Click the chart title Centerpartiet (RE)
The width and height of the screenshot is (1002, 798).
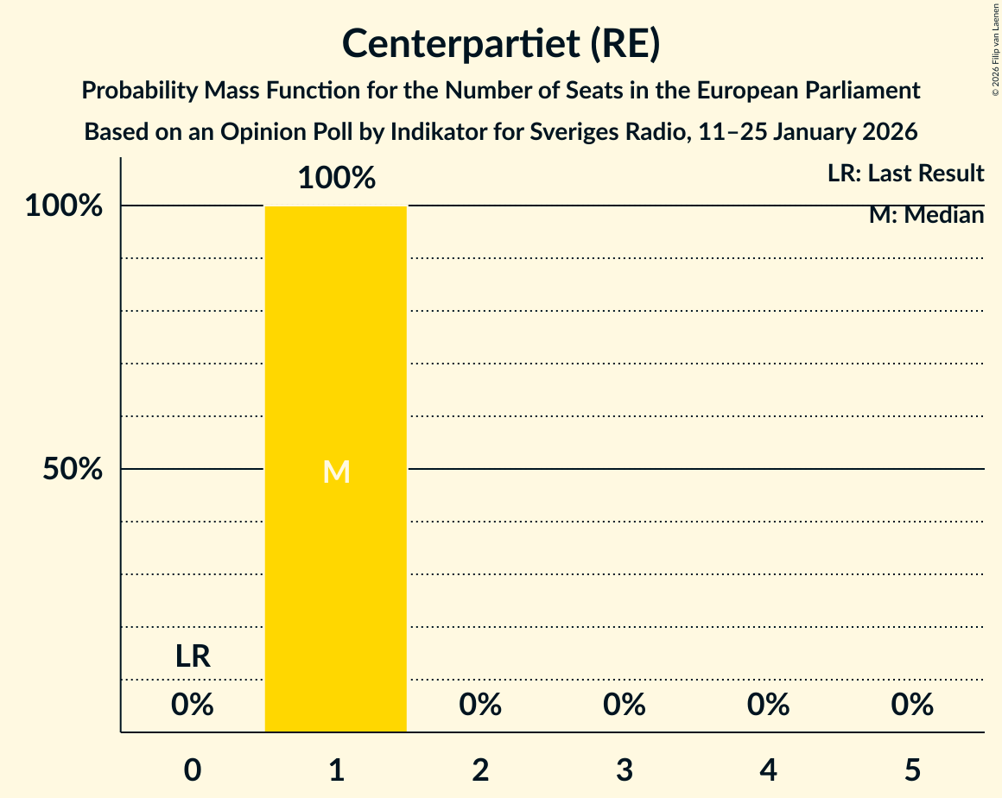click(501, 44)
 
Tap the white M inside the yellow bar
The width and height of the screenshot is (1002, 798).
click(336, 472)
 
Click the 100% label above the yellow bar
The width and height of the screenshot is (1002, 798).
click(336, 179)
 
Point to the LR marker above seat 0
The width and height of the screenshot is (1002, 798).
click(193, 656)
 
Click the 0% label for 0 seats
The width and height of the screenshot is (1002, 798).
click(193, 705)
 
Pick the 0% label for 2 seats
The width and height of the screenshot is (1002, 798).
click(480, 705)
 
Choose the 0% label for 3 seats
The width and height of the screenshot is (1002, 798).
click(625, 705)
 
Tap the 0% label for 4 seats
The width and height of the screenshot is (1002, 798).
click(768, 705)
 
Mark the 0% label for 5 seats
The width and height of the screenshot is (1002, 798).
click(912, 705)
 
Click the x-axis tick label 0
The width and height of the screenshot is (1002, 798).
click(193, 769)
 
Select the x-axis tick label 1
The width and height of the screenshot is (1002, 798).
click(336, 769)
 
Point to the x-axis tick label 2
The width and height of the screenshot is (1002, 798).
click(480, 769)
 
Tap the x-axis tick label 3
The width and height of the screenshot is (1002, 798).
click(625, 769)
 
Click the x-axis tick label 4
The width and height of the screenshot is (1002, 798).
click(768, 769)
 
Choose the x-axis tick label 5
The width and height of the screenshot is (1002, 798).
click(912, 769)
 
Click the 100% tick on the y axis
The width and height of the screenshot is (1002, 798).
click(64, 206)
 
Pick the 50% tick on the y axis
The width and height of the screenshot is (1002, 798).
click(73, 470)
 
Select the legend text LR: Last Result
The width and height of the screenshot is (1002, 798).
click(905, 174)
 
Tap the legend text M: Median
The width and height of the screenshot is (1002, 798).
click(926, 215)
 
